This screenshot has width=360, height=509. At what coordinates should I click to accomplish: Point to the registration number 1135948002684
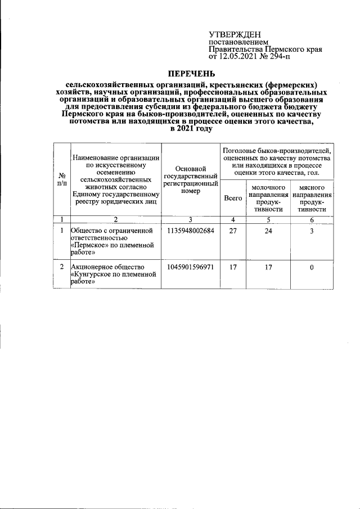[191, 231]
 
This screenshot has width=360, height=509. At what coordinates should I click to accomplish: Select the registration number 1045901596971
[191, 267]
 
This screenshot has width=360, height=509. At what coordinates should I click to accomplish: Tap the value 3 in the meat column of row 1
[312, 231]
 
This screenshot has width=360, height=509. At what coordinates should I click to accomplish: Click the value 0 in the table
[312, 267]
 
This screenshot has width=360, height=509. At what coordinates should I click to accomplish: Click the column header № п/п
[61, 179]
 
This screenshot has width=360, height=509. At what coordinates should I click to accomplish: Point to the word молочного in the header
[268, 187]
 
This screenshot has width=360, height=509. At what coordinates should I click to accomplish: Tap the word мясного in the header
[312, 187]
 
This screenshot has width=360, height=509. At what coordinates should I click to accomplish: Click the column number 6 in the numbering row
[312, 219]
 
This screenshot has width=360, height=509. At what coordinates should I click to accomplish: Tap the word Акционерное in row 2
[93, 267]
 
